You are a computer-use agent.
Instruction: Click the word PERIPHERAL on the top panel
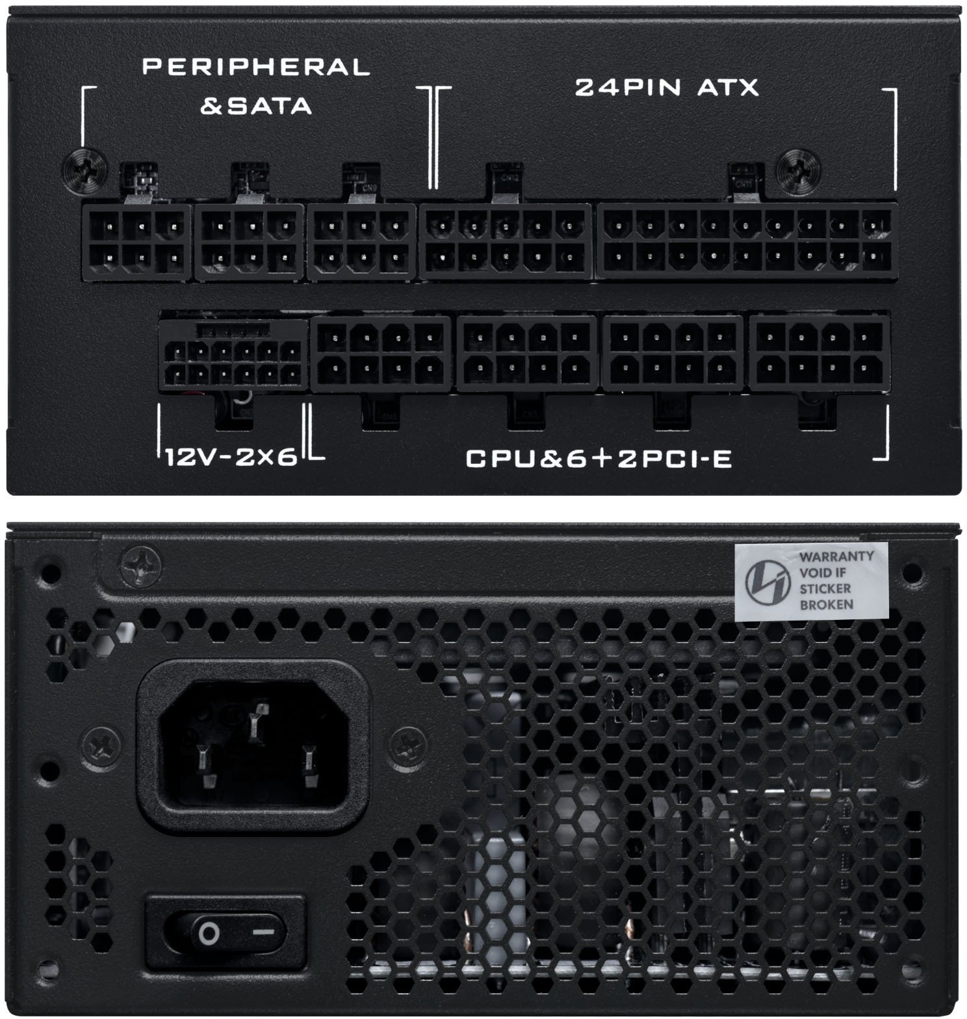[255, 66]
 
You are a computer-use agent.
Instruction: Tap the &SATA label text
[255, 105]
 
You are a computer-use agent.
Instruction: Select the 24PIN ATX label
[667, 88]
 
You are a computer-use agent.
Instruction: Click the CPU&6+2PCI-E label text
[599, 459]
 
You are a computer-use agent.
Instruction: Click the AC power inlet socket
[253, 747]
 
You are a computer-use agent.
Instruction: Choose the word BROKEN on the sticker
[826, 604]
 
